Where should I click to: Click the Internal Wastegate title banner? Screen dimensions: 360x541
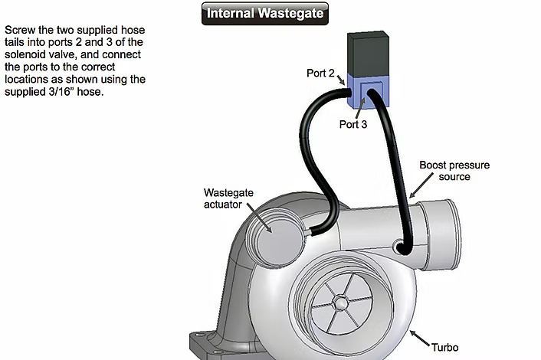(x=265, y=13)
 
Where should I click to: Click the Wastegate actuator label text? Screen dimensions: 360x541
(x=227, y=198)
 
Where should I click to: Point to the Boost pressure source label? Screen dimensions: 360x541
(x=454, y=171)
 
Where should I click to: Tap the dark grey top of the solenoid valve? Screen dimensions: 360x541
(x=369, y=52)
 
